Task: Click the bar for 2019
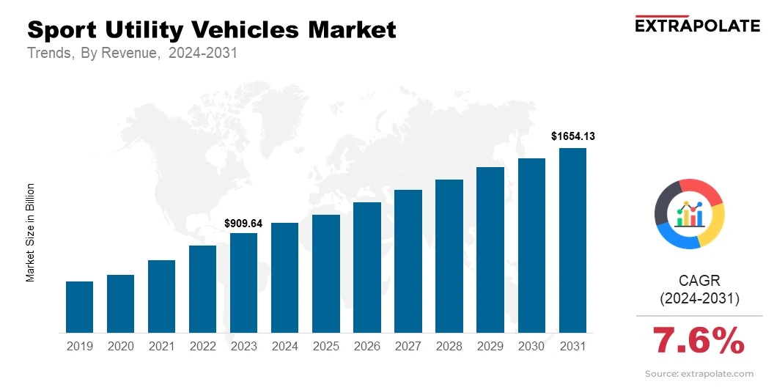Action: pyautogui.click(x=79, y=307)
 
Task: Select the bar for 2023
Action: pyautogui.click(x=243, y=283)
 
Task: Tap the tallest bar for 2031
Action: pyautogui.click(x=572, y=240)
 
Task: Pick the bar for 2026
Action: pyautogui.click(x=366, y=268)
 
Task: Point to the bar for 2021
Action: pyautogui.click(x=161, y=296)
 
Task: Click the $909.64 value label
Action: pyautogui.click(x=243, y=222)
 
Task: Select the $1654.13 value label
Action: pyautogui.click(x=572, y=136)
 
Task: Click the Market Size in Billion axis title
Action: pyautogui.click(x=31, y=232)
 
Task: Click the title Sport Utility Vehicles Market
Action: pyautogui.click(x=211, y=30)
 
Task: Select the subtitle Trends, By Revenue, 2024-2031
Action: pyautogui.click(x=132, y=54)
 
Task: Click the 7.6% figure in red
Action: pyautogui.click(x=698, y=341)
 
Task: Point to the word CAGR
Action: pyautogui.click(x=699, y=281)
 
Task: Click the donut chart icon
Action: pyautogui.click(x=689, y=213)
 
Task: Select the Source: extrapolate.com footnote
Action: pyautogui.click(x=699, y=374)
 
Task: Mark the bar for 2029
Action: pyautogui.click(x=490, y=250)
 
